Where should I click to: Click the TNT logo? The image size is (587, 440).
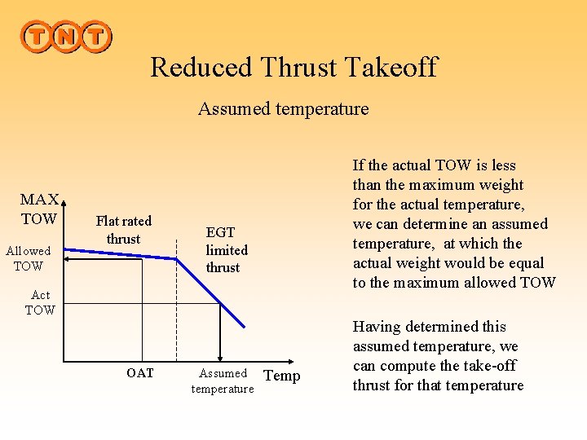(65, 37)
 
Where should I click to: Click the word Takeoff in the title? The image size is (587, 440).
(390, 67)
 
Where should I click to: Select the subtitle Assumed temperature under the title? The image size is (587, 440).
(283, 108)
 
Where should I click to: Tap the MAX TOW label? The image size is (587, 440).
(39, 209)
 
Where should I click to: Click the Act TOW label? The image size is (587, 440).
(40, 302)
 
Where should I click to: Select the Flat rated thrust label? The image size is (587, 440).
(124, 230)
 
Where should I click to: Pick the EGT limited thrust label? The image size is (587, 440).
(226, 250)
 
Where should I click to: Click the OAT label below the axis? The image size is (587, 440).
(139, 374)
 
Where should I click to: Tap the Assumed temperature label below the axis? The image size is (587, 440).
(223, 381)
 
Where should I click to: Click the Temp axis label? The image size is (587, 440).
(283, 376)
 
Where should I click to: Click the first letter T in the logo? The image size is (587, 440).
(36, 37)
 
